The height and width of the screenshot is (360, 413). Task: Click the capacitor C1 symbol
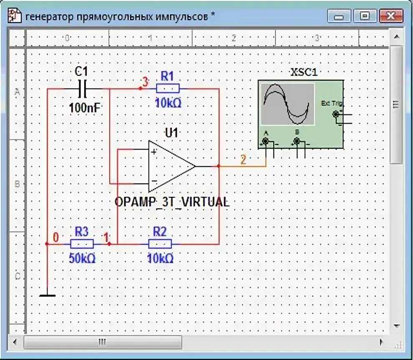[x=82, y=88]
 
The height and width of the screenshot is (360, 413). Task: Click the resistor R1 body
[x=167, y=88]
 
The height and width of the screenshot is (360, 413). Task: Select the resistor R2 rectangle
[x=160, y=244]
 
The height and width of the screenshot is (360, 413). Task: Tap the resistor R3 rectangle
[x=82, y=244]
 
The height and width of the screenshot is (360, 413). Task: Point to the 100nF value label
[x=84, y=107]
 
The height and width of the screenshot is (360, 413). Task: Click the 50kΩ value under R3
[x=82, y=259]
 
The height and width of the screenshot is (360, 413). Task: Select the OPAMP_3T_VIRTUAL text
[x=172, y=203]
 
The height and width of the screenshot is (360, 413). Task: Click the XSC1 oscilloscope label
[x=303, y=72]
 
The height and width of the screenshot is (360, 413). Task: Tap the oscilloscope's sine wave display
[x=287, y=104]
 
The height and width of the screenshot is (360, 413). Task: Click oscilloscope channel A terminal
[x=265, y=142]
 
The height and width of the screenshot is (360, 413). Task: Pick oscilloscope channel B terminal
[x=297, y=142]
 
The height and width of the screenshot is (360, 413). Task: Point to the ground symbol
[x=47, y=295]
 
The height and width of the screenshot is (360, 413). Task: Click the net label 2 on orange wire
[x=243, y=159]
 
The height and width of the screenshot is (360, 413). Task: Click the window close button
[x=391, y=16]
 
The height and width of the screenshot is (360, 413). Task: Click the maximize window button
[x=365, y=16]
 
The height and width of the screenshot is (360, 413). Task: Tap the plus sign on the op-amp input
[x=154, y=152]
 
